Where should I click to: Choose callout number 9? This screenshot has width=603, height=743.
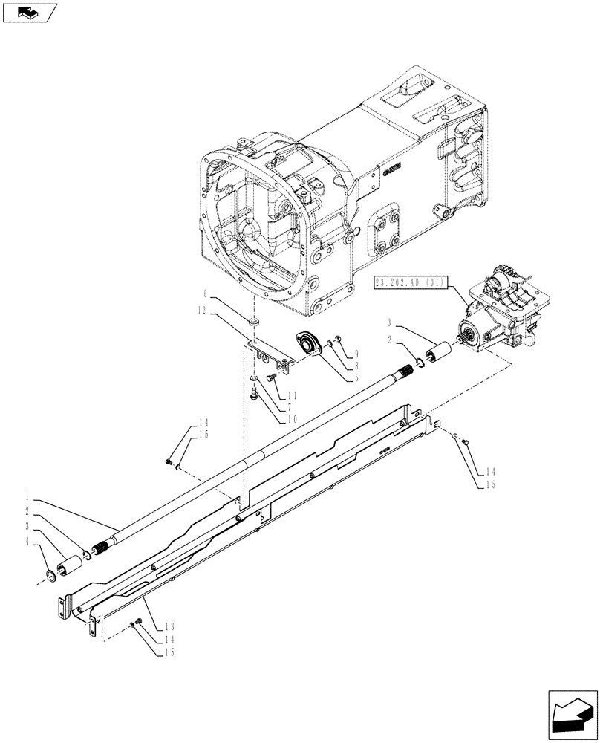point(356,354)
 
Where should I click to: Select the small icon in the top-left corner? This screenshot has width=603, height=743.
point(30,12)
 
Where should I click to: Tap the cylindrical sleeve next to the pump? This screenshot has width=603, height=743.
point(441,351)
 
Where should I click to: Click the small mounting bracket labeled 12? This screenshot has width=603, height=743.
point(269,354)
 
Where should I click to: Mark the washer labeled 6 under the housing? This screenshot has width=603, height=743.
point(255,322)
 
